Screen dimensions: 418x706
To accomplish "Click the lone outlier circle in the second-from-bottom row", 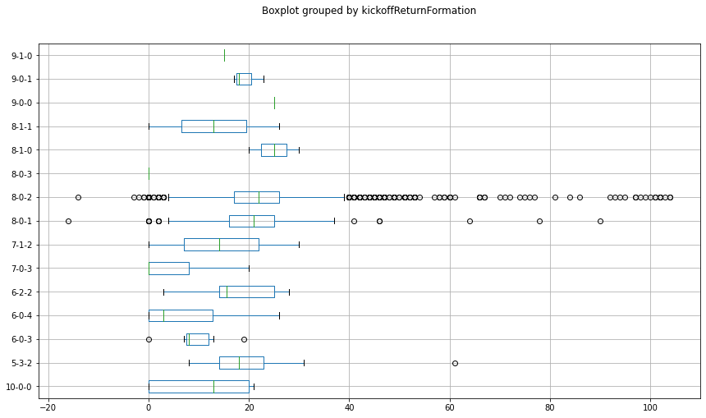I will point(455,363).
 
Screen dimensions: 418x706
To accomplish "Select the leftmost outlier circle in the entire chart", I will point(68,221).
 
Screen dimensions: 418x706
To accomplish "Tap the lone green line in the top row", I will point(224,55).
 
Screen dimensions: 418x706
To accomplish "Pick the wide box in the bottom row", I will point(199,387).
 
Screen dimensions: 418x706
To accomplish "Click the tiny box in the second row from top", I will point(244,79).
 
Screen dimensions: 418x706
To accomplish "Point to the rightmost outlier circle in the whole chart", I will point(670,197).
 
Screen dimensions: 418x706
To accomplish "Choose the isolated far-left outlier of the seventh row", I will point(78,197).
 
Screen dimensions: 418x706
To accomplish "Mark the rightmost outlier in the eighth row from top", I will point(600,221).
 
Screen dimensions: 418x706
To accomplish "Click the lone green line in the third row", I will point(274,103).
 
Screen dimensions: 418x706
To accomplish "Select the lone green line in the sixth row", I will point(149,173).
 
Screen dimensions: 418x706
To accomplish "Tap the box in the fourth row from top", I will point(213,126).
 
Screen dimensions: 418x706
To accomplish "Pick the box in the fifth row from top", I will point(273,150).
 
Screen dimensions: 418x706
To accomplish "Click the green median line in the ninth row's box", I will point(219,245).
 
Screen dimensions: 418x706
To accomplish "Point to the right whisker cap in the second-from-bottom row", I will point(304,363).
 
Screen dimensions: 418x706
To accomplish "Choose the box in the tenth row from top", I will point(169,269).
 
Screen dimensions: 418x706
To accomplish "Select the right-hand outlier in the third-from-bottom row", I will point(244,339).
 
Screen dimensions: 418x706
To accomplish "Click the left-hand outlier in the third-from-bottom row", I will point(149,339).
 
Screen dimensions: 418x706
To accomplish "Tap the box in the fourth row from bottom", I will point(181,315).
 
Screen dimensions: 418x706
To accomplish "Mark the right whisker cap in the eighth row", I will point(334,221).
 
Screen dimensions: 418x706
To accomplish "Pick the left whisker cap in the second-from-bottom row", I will point(189,363).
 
